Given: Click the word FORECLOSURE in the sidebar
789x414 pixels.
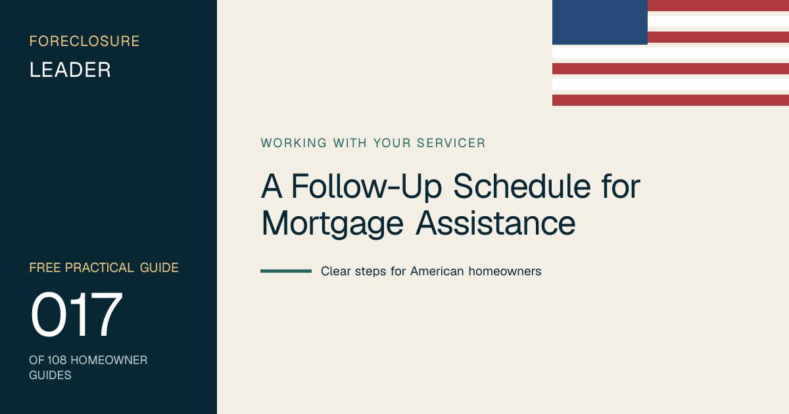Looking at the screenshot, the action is tap(84, 41).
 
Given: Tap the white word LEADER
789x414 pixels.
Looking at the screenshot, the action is tap(70, 70).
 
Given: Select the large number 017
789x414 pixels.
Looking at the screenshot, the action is tap(76, 314).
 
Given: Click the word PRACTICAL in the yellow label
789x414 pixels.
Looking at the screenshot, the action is tap(99, 268).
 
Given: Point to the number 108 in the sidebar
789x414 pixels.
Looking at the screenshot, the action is tap(57, 360).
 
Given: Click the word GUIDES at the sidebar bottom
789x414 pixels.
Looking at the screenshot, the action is tap(50, 375).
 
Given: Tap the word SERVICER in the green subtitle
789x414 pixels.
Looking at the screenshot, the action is tap(451, 143).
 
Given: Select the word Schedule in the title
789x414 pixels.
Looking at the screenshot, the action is tap(521, 186).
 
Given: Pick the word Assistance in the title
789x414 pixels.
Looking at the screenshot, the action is tap(496, 223).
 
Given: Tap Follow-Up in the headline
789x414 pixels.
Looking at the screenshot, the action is tap(366, 187).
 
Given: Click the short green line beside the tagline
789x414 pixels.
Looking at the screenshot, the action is tap(286, 271).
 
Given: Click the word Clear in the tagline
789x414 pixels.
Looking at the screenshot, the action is tap(336, 271).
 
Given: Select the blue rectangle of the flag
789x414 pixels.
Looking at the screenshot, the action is tap(600, 22).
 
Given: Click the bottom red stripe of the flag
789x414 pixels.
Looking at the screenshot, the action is tap(671, 100).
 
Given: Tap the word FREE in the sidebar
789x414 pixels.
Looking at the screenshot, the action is tap(45, 268).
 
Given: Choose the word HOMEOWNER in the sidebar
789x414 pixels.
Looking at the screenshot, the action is tap(109, 360).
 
